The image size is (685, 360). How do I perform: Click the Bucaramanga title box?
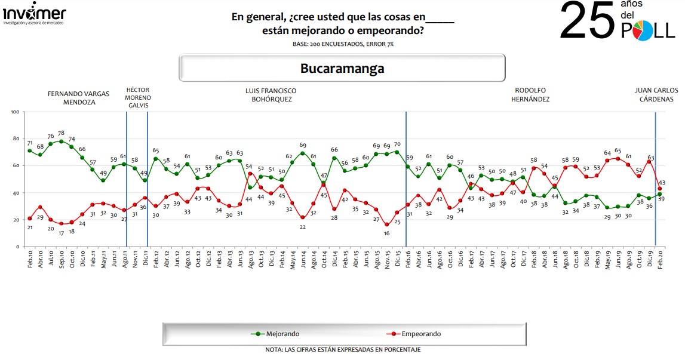point(342,68)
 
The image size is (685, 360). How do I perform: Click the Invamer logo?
point(35,14)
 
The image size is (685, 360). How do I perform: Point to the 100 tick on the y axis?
point(16,112)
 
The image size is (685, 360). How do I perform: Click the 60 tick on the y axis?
point(16,166)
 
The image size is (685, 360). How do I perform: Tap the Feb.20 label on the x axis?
point(659,261)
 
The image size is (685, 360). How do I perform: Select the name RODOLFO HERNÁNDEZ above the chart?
point(531,95)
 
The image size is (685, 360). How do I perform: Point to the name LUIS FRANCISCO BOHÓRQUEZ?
point(271,95)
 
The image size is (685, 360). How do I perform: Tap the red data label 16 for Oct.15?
point(386,233)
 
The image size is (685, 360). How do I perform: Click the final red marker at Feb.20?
point(659,189)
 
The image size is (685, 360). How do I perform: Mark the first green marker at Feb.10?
point(30,150)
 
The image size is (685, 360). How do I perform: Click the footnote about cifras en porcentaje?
point(342,349)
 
